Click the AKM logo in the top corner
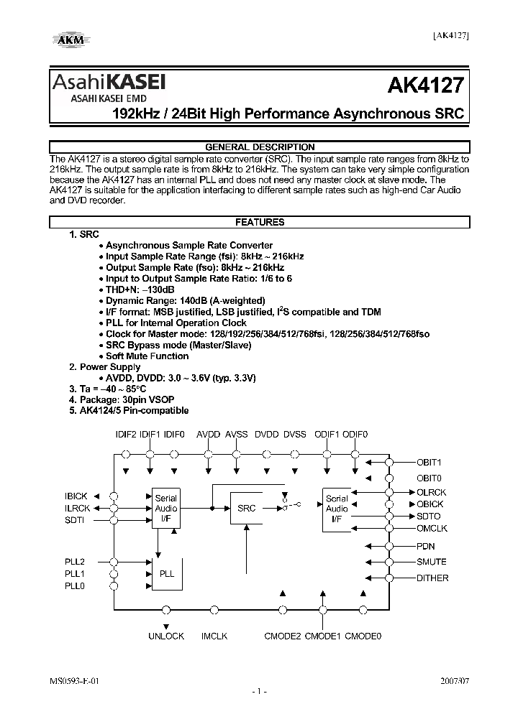[70, 39]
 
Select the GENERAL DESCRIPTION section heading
[260, 147]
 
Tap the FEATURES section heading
[260, 223]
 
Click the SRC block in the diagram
[246, 508]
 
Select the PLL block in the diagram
[166, 574]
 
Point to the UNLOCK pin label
[166, 636]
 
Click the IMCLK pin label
[214, 636]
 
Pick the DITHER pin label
[432, 578]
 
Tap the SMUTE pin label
[431, 562]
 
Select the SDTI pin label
[75, 520]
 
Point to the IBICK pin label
[76, 496]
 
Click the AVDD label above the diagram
[209, 435]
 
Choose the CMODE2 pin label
[283, 636]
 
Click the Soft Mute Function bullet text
[147, 356]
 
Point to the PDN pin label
[425, 546]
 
